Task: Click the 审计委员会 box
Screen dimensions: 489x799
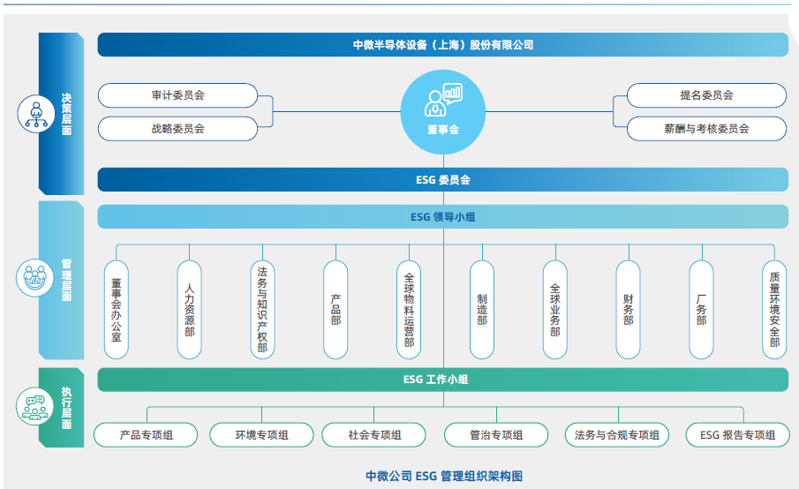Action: (177, 95)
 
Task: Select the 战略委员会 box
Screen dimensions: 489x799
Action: (177, 128)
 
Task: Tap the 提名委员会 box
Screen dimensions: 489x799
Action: (706, 95)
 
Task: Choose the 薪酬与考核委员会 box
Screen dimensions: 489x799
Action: (706, 128)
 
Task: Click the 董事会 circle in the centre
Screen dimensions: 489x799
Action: (443, 111)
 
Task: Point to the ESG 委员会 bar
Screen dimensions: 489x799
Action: (443, 180)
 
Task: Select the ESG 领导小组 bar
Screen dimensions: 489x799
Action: (443, 216)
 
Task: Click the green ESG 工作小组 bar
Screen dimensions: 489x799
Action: (443, 380)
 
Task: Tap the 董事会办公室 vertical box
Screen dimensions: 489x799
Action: (116, 310)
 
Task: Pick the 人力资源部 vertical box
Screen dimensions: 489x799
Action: (189, 310)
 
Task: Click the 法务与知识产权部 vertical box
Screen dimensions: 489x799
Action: (262, 310)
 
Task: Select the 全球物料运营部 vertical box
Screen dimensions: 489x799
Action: (409, 310)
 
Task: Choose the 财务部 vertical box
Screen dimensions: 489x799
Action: (628, 310)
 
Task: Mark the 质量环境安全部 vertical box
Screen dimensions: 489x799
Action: (774, 310)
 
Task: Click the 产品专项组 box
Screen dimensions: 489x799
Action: (147, 434)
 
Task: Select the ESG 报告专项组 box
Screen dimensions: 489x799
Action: (738, 434)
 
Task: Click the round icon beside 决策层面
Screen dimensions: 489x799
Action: (35, 114)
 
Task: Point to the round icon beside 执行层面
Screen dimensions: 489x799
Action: (35, 408)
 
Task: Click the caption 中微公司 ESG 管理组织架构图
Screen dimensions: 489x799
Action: (444, 476)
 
